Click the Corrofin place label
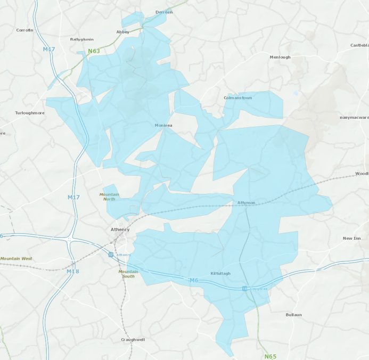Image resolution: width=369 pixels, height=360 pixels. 24,30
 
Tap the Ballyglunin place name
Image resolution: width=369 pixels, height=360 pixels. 81,39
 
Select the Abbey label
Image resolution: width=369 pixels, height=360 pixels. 123,32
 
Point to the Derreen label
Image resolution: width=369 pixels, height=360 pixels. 164,12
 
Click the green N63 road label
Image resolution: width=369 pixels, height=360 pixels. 94,51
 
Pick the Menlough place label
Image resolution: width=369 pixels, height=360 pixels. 280,57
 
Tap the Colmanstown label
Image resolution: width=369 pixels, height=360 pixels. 237,98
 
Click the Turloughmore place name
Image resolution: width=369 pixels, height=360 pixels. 30,113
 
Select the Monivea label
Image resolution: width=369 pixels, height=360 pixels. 163,126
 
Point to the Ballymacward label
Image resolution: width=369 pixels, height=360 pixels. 354,117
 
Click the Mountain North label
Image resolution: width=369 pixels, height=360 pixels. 109,197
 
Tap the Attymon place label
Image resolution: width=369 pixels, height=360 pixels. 246,203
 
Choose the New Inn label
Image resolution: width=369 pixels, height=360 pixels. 351,238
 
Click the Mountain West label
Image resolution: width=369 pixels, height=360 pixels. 16,259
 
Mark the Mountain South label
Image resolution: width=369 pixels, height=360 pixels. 128,274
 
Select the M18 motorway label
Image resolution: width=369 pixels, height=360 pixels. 73,272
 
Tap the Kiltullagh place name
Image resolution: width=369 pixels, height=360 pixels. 220,273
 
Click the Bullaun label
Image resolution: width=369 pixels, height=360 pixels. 293,315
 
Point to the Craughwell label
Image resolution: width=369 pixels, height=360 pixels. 133,339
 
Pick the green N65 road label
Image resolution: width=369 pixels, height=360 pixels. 270,356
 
